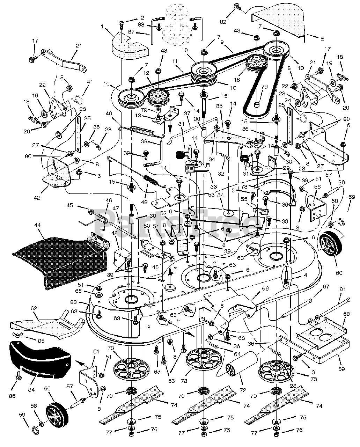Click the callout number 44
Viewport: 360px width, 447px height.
[38, 225]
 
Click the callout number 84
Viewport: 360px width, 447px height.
[31, 390]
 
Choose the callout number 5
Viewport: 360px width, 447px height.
[323, 39]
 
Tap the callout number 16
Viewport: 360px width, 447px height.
[237, 80]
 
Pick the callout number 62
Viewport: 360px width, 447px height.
[34, 308]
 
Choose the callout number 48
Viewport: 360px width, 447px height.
[115, 240]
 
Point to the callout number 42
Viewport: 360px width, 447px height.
[37, 198]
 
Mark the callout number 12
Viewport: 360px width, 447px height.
[146, 73]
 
